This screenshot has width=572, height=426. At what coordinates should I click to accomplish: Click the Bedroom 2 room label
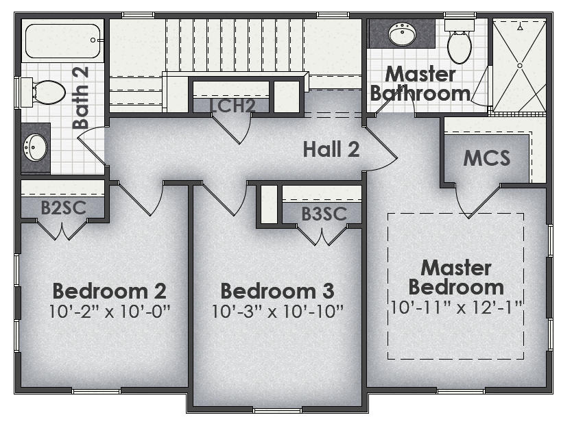(109, 290)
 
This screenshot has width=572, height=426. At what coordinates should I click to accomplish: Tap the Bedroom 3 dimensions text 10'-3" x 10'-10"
(277, 310)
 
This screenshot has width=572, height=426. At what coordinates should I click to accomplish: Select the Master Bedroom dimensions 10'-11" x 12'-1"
(457, 306)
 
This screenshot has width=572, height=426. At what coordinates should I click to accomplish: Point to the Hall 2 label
(331, 149)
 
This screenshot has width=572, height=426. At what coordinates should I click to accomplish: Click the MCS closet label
(486, 158)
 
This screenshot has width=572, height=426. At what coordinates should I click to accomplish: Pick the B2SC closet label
(63, 208)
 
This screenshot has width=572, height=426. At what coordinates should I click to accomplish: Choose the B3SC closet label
(323, 214)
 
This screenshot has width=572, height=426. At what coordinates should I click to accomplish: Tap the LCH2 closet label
(233, 106)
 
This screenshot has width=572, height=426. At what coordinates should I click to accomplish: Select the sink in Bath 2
(35, 145)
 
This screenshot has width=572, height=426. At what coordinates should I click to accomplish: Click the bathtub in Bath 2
(62, 40)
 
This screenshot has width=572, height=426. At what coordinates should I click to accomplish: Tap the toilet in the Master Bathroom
(458, 42)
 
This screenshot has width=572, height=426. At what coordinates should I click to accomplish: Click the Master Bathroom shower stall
(519, 66)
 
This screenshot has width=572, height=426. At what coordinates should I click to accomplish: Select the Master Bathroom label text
(420, 84)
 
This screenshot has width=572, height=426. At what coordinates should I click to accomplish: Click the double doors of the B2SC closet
(63, 231)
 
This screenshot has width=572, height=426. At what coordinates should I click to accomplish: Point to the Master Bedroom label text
(456, 277)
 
